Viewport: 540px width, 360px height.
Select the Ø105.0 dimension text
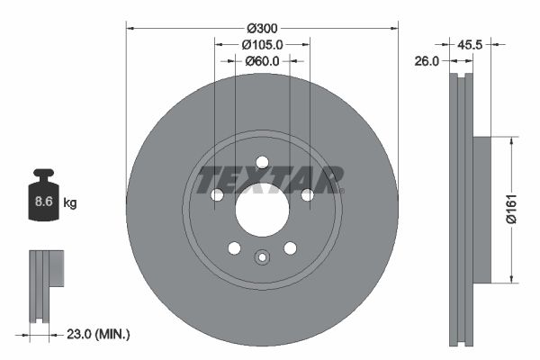[262, 44]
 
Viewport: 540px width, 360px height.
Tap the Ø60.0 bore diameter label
[262, 61]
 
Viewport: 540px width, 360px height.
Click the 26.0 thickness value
[427, 61]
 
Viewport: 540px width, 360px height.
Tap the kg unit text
[70, 203]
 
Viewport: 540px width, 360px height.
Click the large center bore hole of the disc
[262, 210]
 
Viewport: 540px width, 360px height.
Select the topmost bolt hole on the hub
[262, 163]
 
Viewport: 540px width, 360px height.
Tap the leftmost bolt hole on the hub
[217, 195]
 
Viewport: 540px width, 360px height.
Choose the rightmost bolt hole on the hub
[307, 195]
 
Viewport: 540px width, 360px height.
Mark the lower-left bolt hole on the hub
[234, 248]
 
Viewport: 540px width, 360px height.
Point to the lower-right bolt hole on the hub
[290, 248]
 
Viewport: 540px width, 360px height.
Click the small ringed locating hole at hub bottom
[262, 257]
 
